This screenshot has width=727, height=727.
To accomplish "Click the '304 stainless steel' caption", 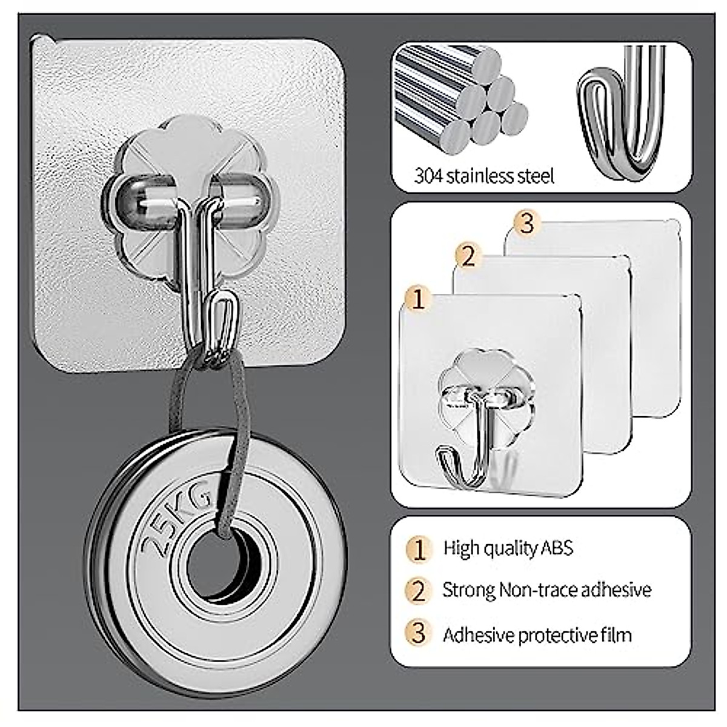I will pos(484,176).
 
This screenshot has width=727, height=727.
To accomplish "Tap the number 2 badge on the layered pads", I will pos(468,256).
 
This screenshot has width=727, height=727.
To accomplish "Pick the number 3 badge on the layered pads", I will pos(526,224).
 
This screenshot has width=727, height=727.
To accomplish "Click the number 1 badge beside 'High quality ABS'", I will pos(419,549).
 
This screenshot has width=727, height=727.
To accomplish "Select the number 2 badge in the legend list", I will pos(419,590).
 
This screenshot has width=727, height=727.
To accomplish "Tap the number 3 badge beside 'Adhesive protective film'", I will pos(419,634).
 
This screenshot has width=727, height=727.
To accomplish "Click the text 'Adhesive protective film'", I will pos(537,635).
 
